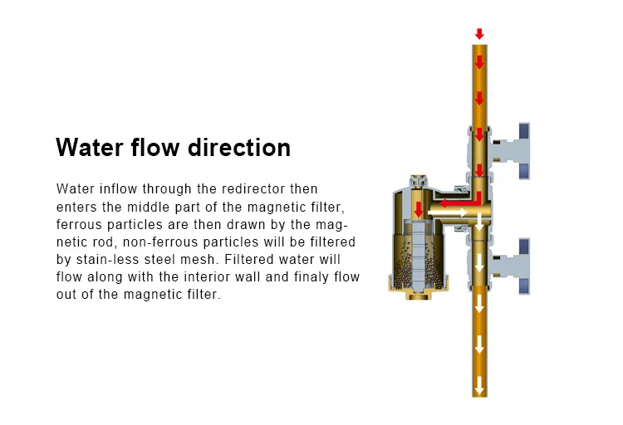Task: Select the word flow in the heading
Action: coord(155,148)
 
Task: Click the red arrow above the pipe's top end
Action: coord(479,34)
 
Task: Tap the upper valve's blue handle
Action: coord(524,150)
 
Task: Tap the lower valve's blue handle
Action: coord(524,265)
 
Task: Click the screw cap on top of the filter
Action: coord(417,181)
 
